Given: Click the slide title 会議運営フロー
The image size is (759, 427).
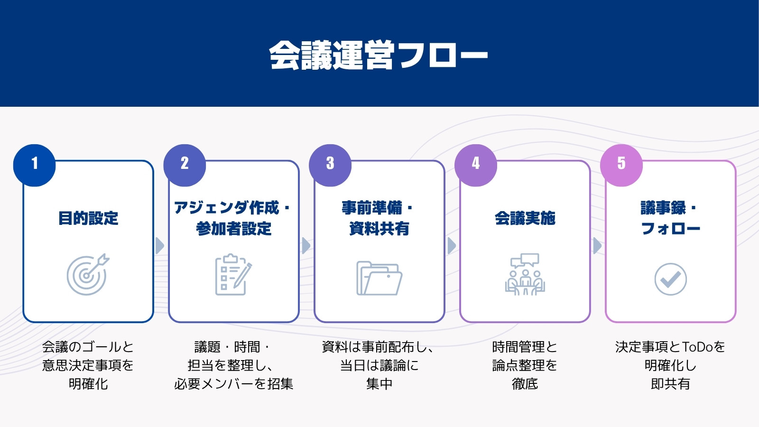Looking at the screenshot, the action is [x=379, y=55].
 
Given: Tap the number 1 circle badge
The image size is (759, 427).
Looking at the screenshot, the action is [x=34, y=166].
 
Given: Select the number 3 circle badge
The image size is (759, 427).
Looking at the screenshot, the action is [x=330, y=166].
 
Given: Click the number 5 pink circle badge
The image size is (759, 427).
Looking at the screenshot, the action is [x=621, y=166].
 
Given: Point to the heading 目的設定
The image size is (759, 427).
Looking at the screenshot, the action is [x=88, y=218].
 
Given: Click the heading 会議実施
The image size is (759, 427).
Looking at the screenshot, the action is [x=525, y=218].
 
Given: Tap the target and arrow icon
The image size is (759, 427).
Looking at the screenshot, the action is [x=88, y=274].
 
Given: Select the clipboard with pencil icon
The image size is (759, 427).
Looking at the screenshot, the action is [x=233, y=274].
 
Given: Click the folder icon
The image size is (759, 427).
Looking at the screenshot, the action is [x=379, y=278].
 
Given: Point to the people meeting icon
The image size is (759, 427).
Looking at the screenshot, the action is [x=525, y=274].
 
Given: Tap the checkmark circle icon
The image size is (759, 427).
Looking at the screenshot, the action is [x=671, y=279].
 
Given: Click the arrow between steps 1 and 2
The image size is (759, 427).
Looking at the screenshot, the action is [x=159, y=246].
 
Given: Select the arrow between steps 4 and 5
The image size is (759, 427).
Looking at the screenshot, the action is [x=597, y=246].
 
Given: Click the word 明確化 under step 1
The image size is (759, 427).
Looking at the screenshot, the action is [x=88, y=384].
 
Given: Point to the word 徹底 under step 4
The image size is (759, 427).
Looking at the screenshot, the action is [x=525, y=384].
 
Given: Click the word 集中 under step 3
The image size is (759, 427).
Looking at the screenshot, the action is [x=379, y=384].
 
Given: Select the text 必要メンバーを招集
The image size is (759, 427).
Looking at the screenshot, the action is [x=233, y=384].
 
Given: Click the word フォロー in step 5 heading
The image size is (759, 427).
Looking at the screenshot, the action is [x=671, y=228].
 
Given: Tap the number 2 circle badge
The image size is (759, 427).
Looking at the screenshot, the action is [x=185, y=166].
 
